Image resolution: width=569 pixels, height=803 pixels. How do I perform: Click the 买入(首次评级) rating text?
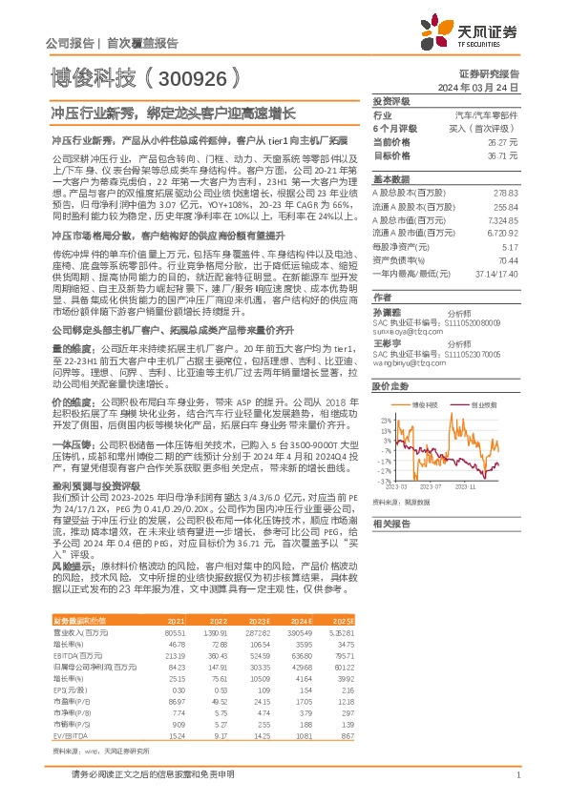point(513,127)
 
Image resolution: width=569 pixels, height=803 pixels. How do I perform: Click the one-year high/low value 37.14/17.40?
point(522,273)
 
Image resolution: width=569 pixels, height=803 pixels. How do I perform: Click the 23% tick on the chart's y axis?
point(386,393)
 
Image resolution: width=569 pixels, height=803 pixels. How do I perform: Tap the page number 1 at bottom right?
point(516,787)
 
